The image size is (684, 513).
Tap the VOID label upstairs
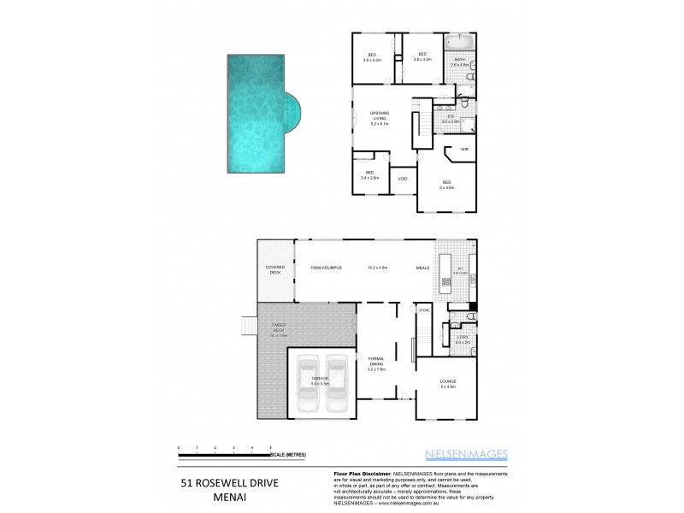[402, 180]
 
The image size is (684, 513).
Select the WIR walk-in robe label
[465, 150]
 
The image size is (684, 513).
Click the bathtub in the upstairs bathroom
[460, 41]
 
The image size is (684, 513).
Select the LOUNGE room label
[448, 384]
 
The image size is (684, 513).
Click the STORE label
[423, 310]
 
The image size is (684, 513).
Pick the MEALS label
[423, 268]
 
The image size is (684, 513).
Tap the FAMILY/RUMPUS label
[327, 268]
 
